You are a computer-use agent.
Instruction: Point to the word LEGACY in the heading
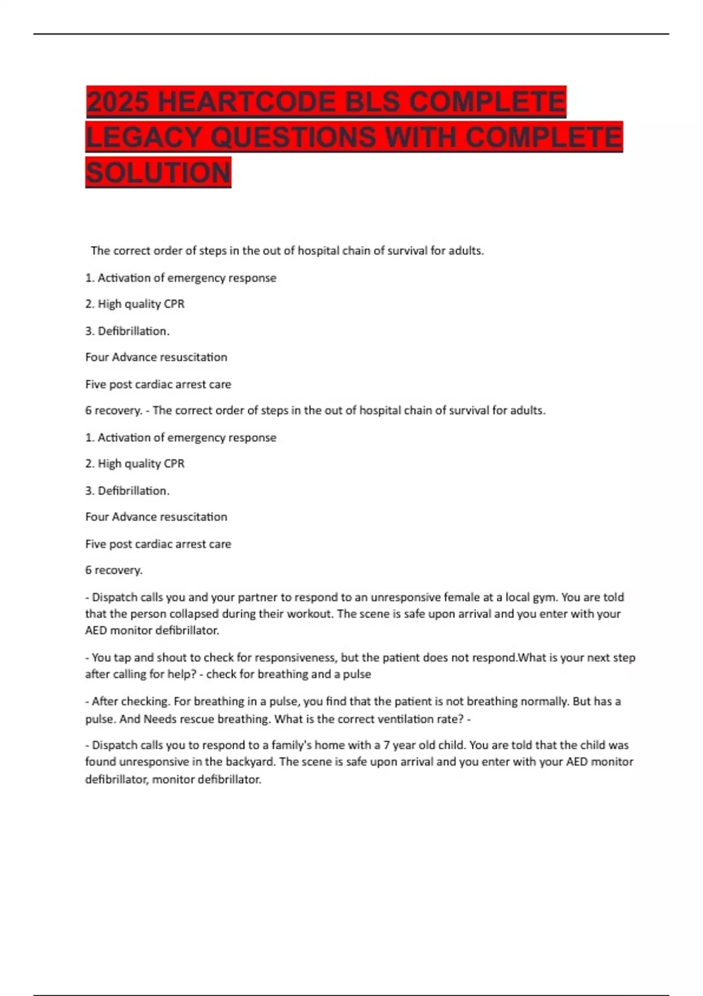coord(144,138)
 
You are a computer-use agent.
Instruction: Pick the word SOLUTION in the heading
coord(158,173)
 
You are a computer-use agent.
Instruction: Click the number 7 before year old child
coord(387,745)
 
